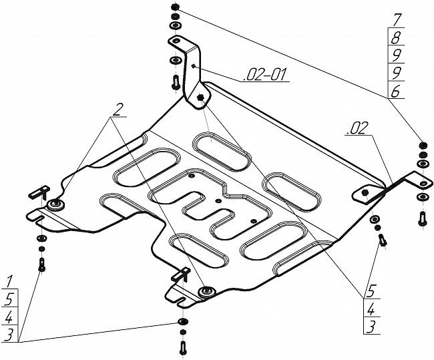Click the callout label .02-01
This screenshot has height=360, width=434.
tap(265, 75)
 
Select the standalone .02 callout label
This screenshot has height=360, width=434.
tap(357, 131)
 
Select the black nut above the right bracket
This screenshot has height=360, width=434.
tap(422, 145)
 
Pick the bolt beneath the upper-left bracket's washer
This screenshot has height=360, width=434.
tap(175, 83)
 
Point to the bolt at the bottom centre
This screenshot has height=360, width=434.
tap(182, 348)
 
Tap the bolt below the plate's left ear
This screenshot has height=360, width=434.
tap(42, 264)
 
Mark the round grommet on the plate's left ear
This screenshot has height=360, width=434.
tap(55, 204)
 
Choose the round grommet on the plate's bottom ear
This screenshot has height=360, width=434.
tap(204, 291)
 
